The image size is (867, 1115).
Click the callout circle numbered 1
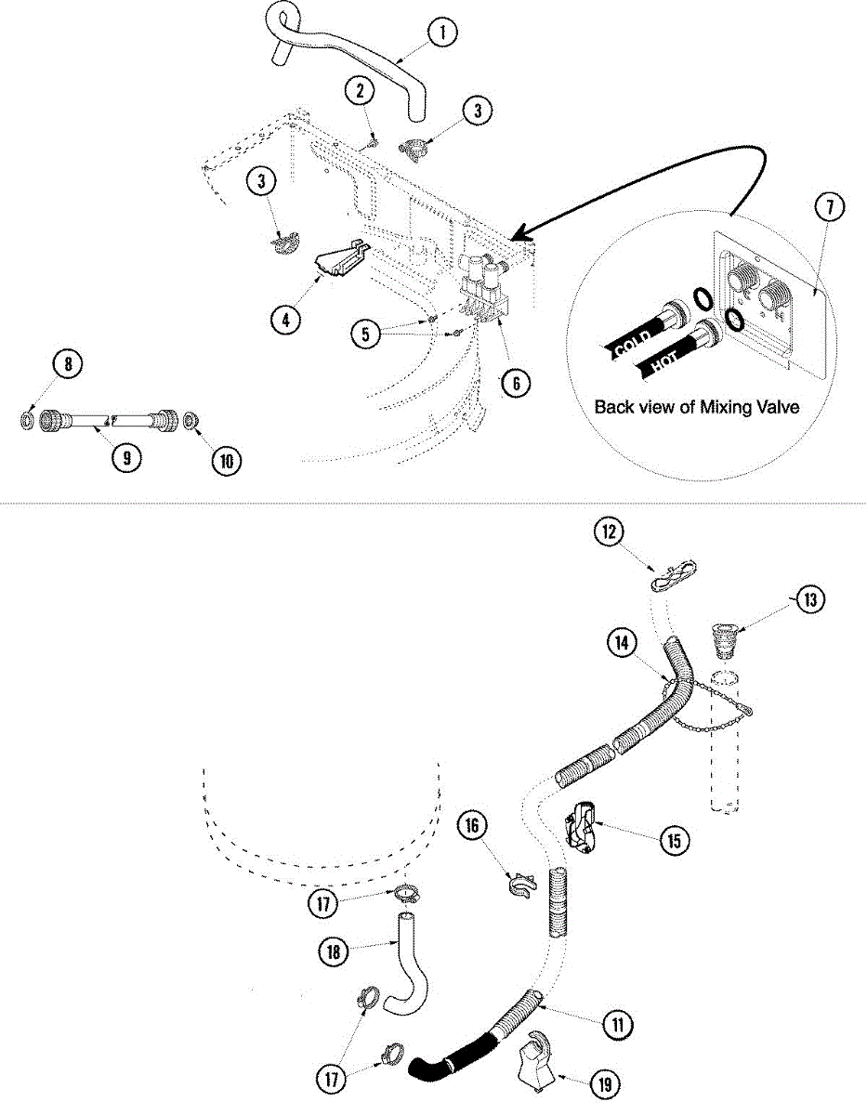tap(442, 33)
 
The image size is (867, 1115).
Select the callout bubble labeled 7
tap(829, 208)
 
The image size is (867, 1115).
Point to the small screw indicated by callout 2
tap(372, 141)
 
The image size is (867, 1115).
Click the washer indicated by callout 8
tap(28, 422)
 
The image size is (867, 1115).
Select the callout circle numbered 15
tap(675, 841)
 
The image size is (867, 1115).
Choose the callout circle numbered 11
tap(615, 1024)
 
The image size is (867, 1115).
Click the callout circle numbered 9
tap(128, 457)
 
